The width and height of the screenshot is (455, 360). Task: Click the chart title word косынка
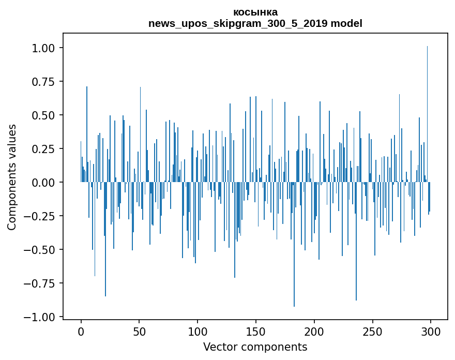click(255, 12)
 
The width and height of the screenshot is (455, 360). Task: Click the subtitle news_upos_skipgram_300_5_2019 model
click(255, 23)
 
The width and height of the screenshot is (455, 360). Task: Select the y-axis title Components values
click(12, 177)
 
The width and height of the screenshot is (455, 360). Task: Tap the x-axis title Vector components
click(255, 347)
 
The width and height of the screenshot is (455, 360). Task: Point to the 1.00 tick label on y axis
click(47, 48)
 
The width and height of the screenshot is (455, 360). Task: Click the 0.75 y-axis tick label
click(47, 82)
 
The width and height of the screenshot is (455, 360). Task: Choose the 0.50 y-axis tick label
click(47, 115)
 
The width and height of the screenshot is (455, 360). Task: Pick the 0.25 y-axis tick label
click(47, 149)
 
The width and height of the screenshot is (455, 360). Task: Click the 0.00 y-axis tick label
click(47, 183)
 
